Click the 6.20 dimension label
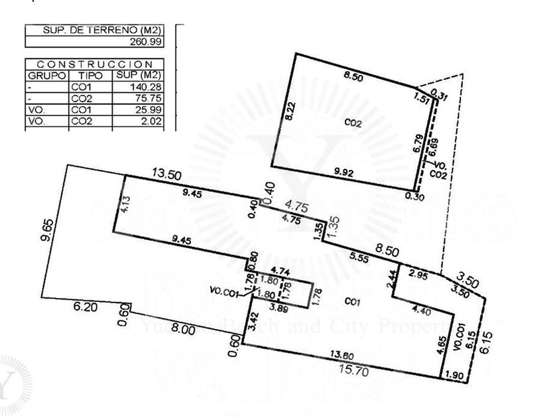[86, 307]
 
